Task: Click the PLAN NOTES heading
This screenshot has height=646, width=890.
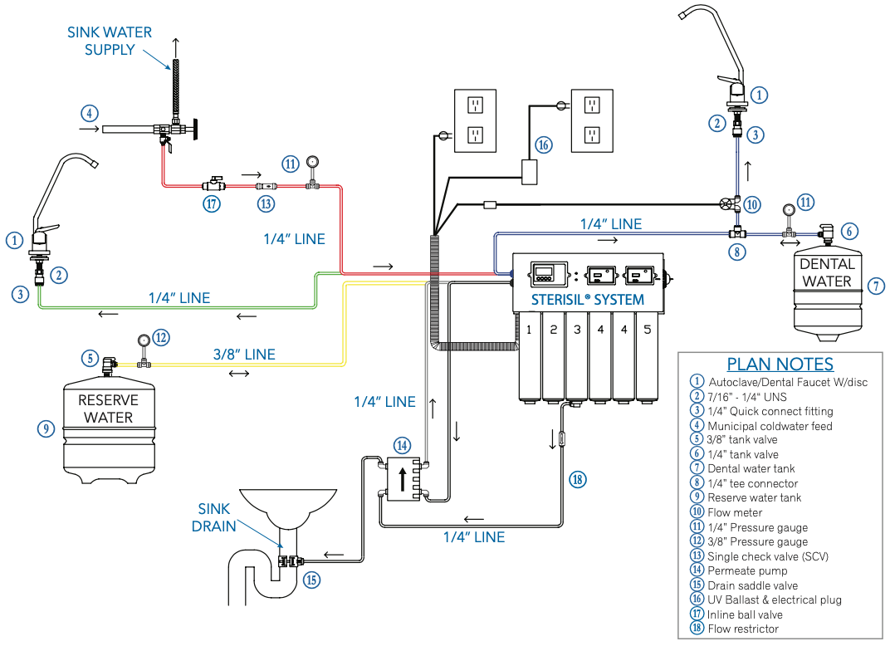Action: pyautogui.click(x=780, y=364)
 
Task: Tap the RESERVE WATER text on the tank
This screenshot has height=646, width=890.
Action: pyautogui.click(x=109, y=409)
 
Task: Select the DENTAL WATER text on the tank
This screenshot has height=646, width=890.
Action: pyautogui.click(x=827, y=272)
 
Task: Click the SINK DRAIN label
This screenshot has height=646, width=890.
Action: pyautogui.click(x=214, y=517)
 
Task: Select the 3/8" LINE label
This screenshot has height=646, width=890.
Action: pyautogui.click(x=242, y=354)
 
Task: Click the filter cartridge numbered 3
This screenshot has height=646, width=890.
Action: pyautogui.click(x=575, y=357)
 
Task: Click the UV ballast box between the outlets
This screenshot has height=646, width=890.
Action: pyautogui.click(x=527, y=173)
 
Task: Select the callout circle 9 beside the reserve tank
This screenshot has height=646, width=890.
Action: pyautogui.click(x=46, y=428)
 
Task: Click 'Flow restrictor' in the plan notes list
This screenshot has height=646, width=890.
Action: pyautogui.click(x=743, y=629)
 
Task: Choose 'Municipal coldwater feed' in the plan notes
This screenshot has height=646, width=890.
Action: pyautogui.click(x=770, y=426)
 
